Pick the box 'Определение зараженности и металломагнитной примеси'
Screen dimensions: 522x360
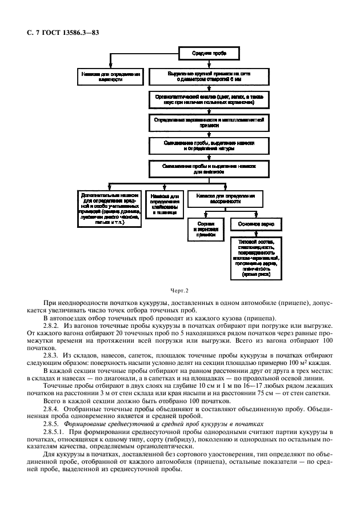[x=208, y=122]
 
